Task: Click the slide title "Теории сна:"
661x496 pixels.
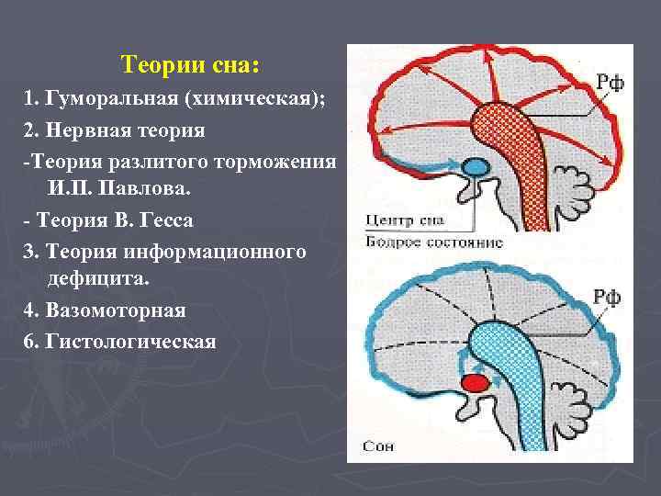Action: click(190, 66)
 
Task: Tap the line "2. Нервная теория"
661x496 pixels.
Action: click(115, 130)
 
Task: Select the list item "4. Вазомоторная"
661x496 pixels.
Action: click(106, 310)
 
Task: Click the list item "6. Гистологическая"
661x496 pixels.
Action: click(120, 342)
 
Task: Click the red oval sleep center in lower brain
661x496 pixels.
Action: click(475, 382)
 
